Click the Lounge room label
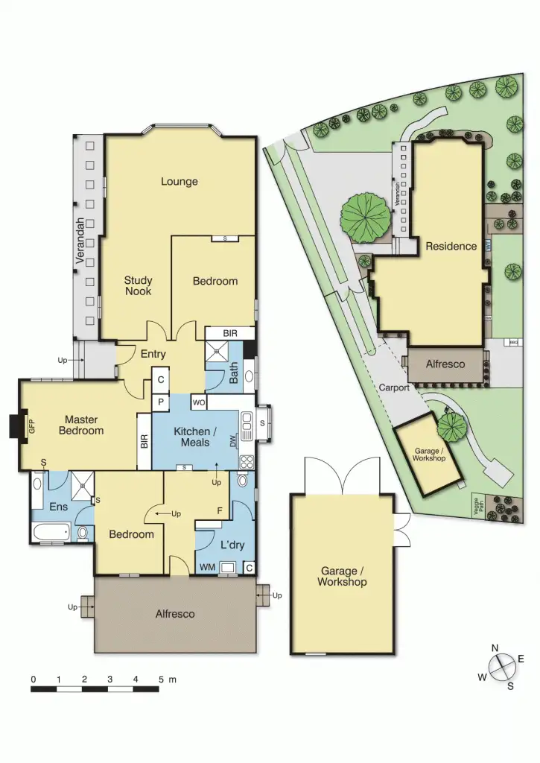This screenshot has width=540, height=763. pos(180,181)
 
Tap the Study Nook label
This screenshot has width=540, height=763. pos(138,286)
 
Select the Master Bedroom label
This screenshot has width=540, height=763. pos(83,425)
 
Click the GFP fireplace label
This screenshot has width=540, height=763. pos(31,427)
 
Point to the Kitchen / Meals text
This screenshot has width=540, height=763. pos(191,437)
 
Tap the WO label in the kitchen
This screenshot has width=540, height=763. pos(199,403)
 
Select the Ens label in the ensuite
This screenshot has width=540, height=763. pos(59,507)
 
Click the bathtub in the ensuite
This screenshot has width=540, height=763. pos(51,532)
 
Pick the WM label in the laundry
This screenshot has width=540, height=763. pos(206,568)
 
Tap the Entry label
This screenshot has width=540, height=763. pos(153,354)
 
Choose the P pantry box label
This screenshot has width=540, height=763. pos(161,402)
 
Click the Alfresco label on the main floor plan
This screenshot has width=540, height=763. pos(175,614)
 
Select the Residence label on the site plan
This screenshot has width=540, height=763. pos(451,246)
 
